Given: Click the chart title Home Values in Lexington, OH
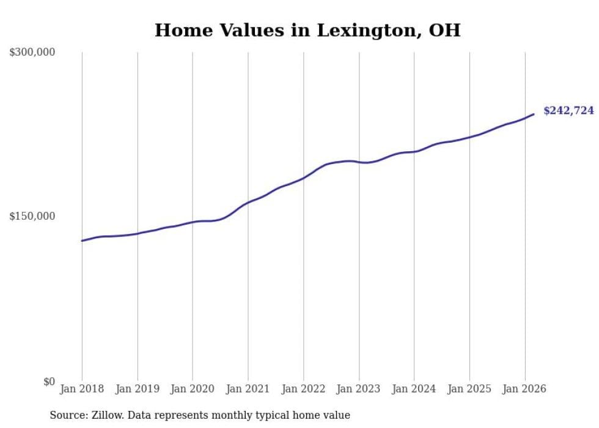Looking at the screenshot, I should (x=307, y=30).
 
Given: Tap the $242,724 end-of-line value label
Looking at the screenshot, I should (x=568, y=111).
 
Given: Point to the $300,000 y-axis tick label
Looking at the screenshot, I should (x=32, y=53).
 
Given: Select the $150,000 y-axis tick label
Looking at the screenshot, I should (x=32, y=216).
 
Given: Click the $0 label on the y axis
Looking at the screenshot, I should (x=49, y=381).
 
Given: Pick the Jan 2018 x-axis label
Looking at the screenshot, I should (x=82, y=389).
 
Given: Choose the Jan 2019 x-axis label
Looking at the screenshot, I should (x=138, y=389).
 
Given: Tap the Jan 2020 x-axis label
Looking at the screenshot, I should (x=193, y=389).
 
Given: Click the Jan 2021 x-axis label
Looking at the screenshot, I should (x=248, y=389).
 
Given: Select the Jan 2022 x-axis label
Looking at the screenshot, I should (x=304, y=389).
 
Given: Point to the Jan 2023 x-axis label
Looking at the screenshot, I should (x=359, y=389).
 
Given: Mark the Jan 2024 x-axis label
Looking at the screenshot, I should (x=414, y=389).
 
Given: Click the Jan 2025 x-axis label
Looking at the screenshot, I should (x=469, y=389).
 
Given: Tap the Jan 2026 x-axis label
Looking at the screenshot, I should (x=524, y=389).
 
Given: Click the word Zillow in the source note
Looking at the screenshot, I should (x=103, y=416).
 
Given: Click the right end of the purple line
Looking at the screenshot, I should (x=534, y=114).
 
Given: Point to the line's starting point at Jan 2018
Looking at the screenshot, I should (x=82, y=241).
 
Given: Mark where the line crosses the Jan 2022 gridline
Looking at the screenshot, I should (x=304, y=178).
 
